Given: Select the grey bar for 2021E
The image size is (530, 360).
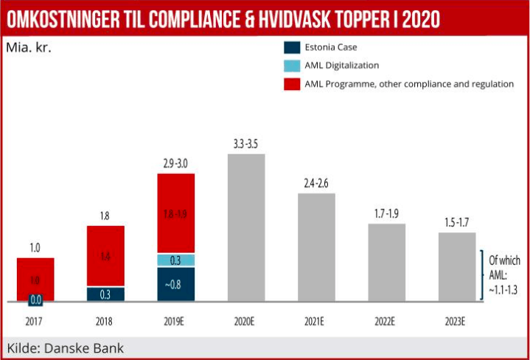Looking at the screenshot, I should (x=316, y=247).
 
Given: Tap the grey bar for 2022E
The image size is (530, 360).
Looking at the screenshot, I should (x=386, y=262).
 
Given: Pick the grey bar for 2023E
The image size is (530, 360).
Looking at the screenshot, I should (x=457, y=266).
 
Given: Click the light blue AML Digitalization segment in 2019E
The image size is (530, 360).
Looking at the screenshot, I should (x=175, y=260).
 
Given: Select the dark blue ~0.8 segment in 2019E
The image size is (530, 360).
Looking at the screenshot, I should (x=175, y=284).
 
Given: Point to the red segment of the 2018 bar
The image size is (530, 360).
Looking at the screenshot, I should (x=105, y=255).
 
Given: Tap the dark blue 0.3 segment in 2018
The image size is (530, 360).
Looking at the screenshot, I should (x=105, y=294).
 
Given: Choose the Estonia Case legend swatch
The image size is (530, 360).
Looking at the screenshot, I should (x=291, y=48).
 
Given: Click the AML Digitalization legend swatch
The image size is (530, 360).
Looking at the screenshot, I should (x=291, y=66).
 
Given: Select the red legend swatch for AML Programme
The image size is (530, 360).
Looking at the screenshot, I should (x=291, y=84).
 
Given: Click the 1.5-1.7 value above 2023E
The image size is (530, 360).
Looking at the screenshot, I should (x=457, y=221).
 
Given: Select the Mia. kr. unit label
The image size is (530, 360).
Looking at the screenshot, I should (x=29, y=49).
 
